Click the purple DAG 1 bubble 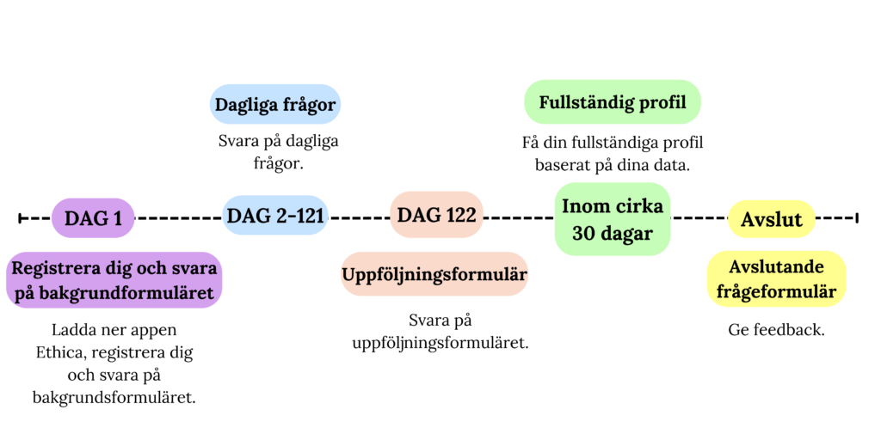[x=93, y=217]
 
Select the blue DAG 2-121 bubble [x=275, y=216]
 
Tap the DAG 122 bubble [x=436, y=214]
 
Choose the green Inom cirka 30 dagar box [x=613, y=219]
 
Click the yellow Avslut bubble [x=771, y=219]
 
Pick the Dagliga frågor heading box [x=275, y=104]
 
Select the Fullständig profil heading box [x=613, y=102]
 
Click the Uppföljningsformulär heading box [x=434, y=274]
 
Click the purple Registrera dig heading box [x=114, y=279]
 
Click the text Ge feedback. [x=777, y=330]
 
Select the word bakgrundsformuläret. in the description [x=114, y=398]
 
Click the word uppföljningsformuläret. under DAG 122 [x=440, y=343]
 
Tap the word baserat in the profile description [x=558, y=166]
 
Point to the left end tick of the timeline [x=20, y=217]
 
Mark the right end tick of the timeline [x=857, y=217]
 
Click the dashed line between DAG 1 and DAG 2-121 [x=179, y=217]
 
